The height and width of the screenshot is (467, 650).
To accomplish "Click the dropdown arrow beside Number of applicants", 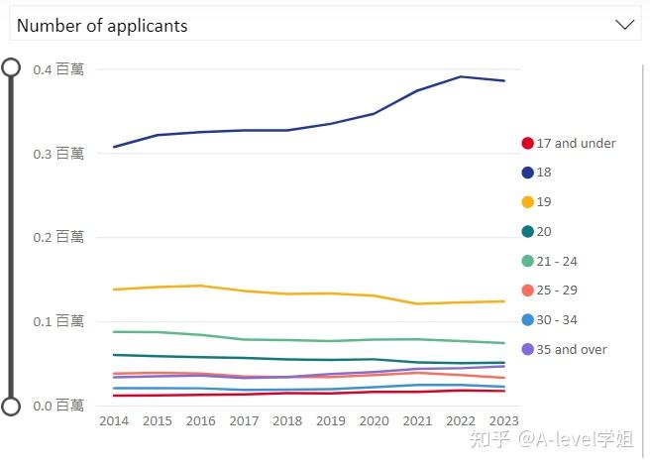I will [624, 25].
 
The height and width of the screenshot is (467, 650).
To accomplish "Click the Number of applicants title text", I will [102, 26].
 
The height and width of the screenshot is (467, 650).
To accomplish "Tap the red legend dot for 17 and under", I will [528, 143].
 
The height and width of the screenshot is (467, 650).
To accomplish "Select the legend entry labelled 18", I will [543, 173].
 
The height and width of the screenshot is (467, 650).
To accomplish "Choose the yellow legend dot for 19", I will [528, 202].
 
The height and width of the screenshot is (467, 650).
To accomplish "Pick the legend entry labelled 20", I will [543, 232].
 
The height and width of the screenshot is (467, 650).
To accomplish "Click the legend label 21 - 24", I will [556, 261].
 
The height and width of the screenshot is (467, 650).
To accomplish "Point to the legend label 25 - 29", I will [556, 291].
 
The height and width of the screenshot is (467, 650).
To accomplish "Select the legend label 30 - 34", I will [556, 320].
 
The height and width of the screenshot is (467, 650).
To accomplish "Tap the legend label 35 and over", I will [571, 349].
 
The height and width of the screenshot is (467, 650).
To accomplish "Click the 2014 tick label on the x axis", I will [113, 421].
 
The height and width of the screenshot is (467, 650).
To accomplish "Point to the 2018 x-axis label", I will [287, 421].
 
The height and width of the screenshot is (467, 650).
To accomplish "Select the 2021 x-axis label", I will [417, 421].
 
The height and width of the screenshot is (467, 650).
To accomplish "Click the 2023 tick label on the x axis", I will [504, 421].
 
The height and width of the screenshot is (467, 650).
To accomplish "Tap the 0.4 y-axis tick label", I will [57, 69].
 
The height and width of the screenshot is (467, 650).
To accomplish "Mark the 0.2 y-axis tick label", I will [57, 237].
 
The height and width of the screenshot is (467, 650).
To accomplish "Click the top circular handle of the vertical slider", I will [12, 67].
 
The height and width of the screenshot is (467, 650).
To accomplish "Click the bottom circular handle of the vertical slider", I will [12, 406].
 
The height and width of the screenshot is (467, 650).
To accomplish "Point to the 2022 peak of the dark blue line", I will [461, 76].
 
